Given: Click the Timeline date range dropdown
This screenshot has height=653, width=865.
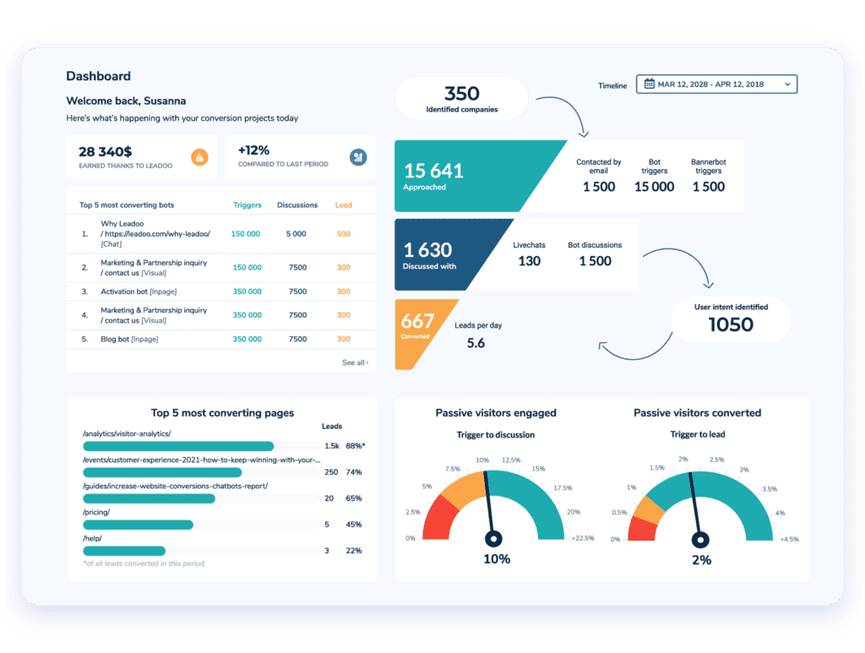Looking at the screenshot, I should pyautogui.click(x=716, y=84).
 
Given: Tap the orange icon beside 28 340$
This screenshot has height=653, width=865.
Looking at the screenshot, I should pyautogui.click(x=199, y=157).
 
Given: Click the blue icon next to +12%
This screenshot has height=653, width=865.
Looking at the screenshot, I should pyautogui.click(x=357, y=157).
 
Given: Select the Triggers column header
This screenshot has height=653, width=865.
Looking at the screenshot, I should pyautogui.click(x=247, y=205).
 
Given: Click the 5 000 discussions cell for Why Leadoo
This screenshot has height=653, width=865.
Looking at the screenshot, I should pyautogui.click(x=296, y=234).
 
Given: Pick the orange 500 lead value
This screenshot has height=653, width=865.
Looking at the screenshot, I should pyautogui.click(x=343, y=234).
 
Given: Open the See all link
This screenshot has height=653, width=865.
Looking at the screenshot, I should pyautogui.click(x=355, y=362).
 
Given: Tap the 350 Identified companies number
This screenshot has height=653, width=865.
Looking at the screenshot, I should pyautogui.click(x=461, y=94).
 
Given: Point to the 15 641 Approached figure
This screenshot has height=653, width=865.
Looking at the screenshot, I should pyautogui.click(x=433, y=171).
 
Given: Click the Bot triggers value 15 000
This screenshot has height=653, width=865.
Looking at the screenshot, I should pyautogui.click(x=654, y=187).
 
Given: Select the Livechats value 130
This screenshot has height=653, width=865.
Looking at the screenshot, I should pyautogui.click(x=529, y=261).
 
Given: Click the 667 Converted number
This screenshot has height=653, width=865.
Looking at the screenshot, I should pyautogui.click(x=418, y=321).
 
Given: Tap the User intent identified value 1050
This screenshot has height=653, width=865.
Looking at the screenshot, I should pyautogui.click(x=730, y=325).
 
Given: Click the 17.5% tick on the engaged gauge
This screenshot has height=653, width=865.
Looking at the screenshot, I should pyautogui.click(x=561, y=487).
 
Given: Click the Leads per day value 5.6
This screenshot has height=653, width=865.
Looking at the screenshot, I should pyautogui.click(x=476, y=343).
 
